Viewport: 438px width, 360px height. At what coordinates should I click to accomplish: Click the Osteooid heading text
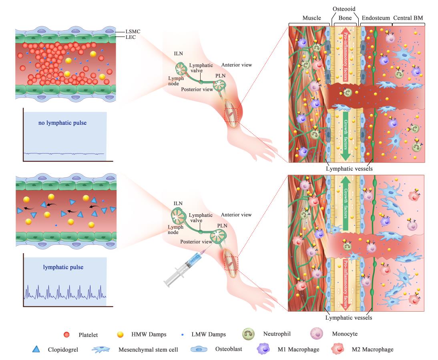(x=344, y=9)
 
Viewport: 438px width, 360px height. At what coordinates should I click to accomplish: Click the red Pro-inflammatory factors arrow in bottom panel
(x=346, y=284)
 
